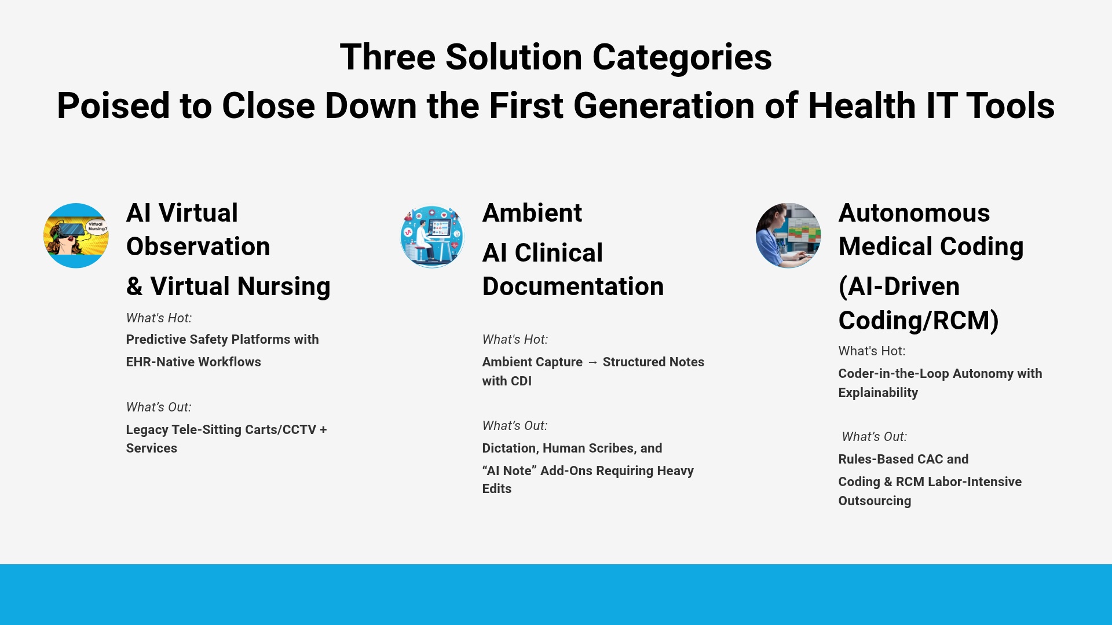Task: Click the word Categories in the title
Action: (x=682, y=58)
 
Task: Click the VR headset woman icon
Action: (x=76, y=236)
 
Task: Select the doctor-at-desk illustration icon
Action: (x=432, y=236)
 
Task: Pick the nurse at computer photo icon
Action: (x=788, y=236)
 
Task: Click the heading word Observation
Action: (x=198, y=247)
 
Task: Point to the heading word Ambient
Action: (x=532, y=213)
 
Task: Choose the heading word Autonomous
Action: (x=914, y=213)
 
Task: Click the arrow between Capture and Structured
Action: (x=592, y=362)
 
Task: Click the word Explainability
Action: (x=878, y=393)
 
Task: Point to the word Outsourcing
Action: (x=875, y=501)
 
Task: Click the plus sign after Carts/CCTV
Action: (x=323, y=430)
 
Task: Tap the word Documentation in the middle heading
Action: (x=573, y=286)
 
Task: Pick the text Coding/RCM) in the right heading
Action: (x=919, y=321)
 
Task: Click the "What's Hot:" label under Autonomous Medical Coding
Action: (x=872, y=351)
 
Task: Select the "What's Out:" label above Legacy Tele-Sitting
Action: (x=159, y=407)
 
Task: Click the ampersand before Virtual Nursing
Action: (x=134, y=286)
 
